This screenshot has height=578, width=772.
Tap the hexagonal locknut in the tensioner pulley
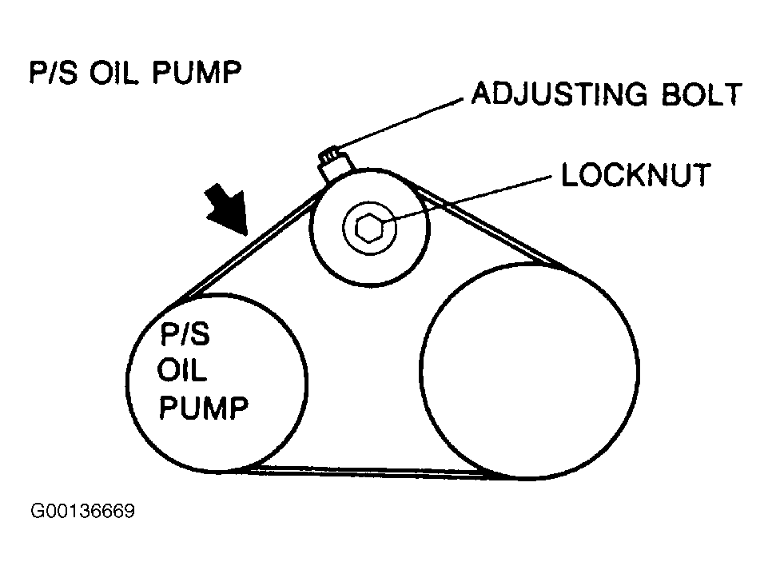click(368, 229)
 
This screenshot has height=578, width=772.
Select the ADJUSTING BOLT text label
click(607, 94)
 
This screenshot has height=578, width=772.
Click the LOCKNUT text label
click(635, 175)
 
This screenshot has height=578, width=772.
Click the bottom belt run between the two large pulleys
click(376, 471)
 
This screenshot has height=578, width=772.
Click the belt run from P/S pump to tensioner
click(248, 245)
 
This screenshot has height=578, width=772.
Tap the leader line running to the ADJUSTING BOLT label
click(404, 123)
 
